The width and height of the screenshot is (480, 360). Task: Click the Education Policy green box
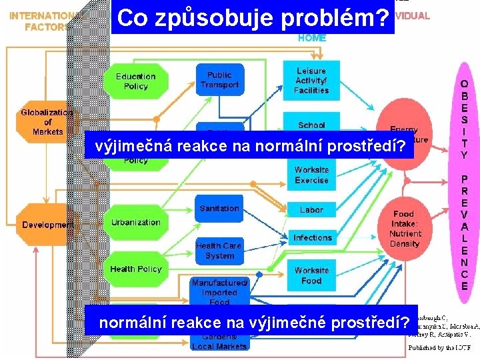[135, 81]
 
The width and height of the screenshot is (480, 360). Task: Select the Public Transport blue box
[219, 80]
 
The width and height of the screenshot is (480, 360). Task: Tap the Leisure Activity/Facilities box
[311, 80]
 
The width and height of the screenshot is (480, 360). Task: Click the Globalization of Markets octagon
[47, 122]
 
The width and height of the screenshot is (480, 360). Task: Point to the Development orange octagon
[47, 225]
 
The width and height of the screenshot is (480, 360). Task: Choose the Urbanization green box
[135, 223]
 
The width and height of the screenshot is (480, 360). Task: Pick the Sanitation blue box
[219, 209]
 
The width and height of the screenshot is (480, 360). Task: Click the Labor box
[311, 209]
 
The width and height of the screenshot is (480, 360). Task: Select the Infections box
[312, 237]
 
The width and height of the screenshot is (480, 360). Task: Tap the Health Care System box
[219, 251]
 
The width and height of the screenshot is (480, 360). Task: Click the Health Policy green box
[135, 269]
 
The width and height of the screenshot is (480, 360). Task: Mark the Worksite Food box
[311, 275]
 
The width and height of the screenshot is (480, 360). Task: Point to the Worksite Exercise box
[311, 175]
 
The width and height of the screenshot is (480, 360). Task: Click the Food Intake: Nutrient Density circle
[405, 229]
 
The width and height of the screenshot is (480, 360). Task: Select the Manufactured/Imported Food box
[219, 291]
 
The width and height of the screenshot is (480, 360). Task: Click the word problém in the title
[336, 18]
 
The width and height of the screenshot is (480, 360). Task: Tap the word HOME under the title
[312, 38]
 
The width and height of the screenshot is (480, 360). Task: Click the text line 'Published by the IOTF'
[440, 347]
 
